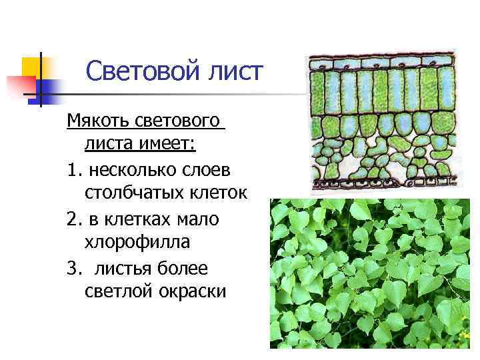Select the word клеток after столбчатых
coord(219,194)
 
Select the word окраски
coord(191,293)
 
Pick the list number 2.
coord(73,219)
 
